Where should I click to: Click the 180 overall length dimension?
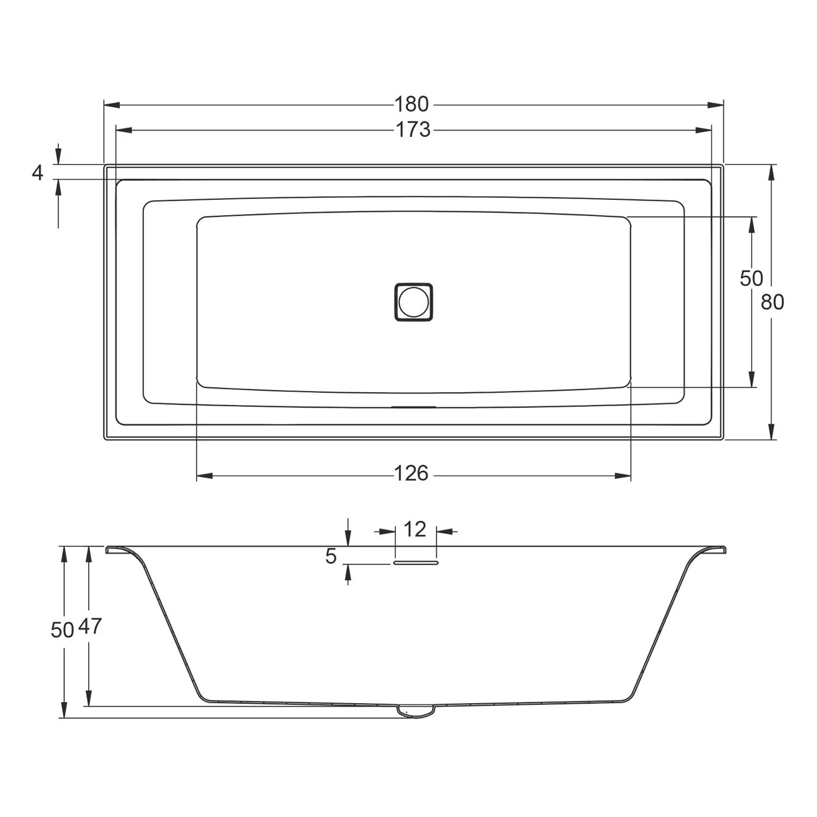(412, 103)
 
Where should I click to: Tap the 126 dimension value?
(411, 474)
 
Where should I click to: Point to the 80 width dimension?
(772, 302)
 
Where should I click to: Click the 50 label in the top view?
(751, 278)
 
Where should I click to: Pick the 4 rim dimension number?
(37, 173)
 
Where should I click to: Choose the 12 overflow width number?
(415, 529)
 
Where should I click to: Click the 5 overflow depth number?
(331, 556)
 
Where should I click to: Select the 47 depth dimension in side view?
(90, 626)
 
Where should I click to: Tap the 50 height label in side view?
(62, 630)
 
